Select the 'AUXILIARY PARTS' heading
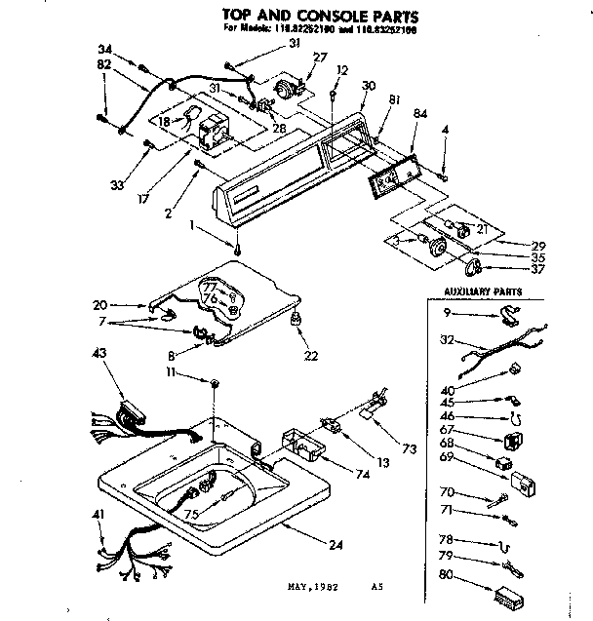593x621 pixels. [484, 291]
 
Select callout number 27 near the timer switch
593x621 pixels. [321, 58]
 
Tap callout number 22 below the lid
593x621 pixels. [310, 357]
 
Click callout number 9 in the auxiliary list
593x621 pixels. [446, 312]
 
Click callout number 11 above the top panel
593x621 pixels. [197, 372]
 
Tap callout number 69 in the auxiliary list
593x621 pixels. [446, 456]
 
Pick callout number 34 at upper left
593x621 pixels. [105, 49]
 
